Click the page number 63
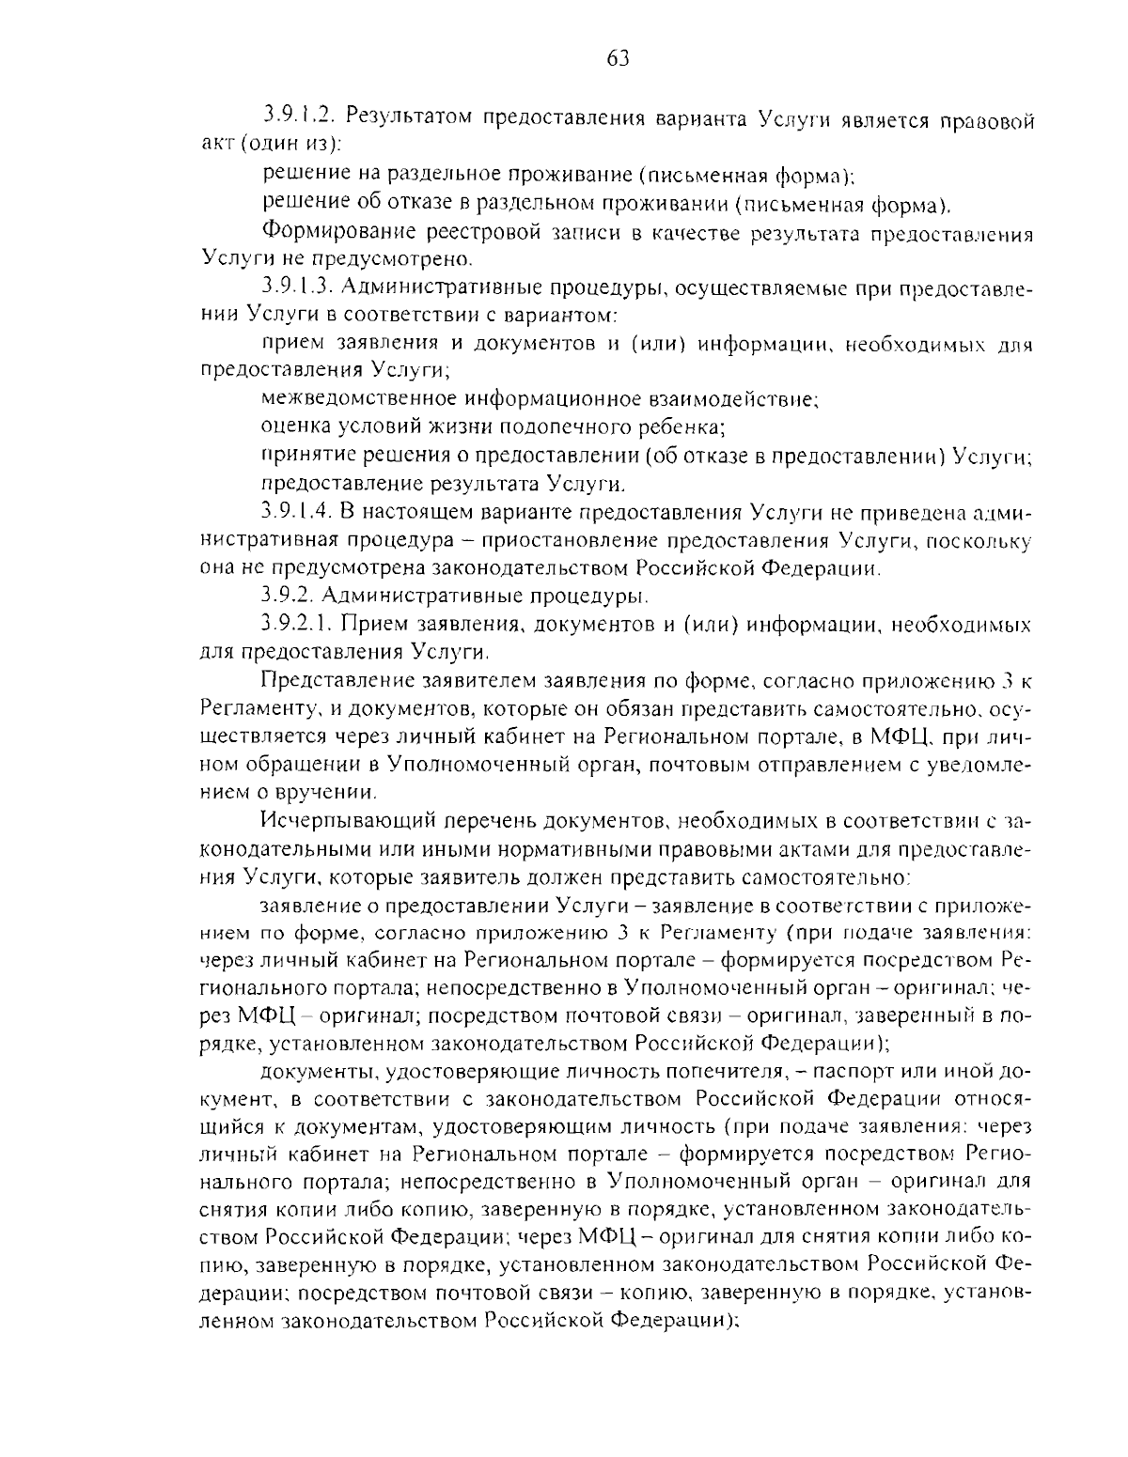617,58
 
